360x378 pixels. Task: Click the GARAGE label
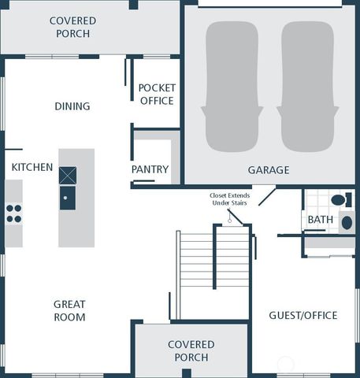[269, 169]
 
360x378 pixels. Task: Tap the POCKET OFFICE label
[156, 94]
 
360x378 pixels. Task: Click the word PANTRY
[150, 169]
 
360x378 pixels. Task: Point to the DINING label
[72, 106]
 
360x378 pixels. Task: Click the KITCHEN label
[32, 167]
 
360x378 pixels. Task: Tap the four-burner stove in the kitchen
[14, 213]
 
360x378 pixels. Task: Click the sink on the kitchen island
[68, 197]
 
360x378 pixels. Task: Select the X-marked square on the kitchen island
[68, 175]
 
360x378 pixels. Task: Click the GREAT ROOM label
[70, 310]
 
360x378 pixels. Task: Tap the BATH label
[320, 220]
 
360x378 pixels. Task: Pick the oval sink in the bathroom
[347, 223]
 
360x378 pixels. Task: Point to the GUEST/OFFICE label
[303, 315]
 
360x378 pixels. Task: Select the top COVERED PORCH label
[72, 27]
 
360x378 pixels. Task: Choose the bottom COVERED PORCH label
[191, 350]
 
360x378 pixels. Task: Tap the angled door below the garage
[263, 195]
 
